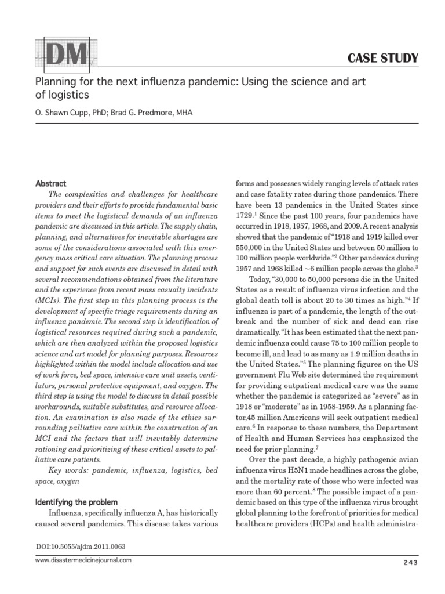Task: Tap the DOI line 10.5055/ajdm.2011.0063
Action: pos(81,546)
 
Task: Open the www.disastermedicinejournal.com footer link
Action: pos(83,560)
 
